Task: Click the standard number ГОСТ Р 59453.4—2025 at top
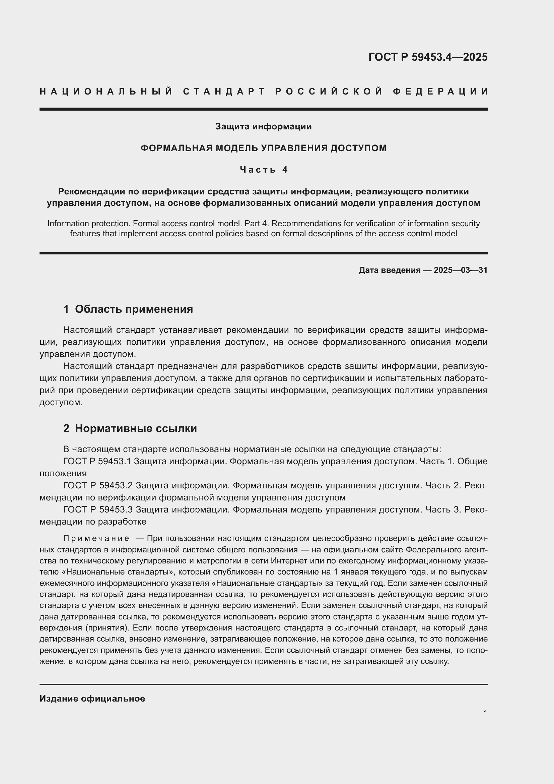[x=428, y=57]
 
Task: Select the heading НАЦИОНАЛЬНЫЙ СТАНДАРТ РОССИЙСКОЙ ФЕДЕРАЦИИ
[x=264, y=92]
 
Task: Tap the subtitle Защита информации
[x=263, y=127]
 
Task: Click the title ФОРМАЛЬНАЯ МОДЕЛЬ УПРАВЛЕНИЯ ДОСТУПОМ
[x=263, y=148]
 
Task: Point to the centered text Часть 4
[x=264, y=170]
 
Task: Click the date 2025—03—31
[x=460, y=270]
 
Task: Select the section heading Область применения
[x=134, y=309]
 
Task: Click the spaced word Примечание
[x=96, y=539]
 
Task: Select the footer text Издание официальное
[x=92, y=698]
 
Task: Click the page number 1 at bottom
[x=485, y=713]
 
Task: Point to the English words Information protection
[x=88, y=224]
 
